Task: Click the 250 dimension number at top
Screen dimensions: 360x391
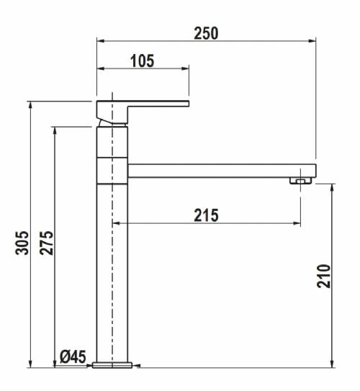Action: point(206,33)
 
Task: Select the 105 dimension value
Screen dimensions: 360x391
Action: point(143,60)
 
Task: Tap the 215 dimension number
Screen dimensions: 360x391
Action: point(206,215)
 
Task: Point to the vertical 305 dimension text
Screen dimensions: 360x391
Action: point(22,243)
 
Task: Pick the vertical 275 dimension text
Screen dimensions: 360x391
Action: point(47,243)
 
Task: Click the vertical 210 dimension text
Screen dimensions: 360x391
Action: point(323,277)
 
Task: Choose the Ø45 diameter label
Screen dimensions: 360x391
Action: point(73,357)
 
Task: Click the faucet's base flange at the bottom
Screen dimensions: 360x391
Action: point(112,365)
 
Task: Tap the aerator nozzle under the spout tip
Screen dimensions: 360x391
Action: point(301,180)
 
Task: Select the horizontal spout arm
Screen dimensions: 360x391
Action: point(222,171)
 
